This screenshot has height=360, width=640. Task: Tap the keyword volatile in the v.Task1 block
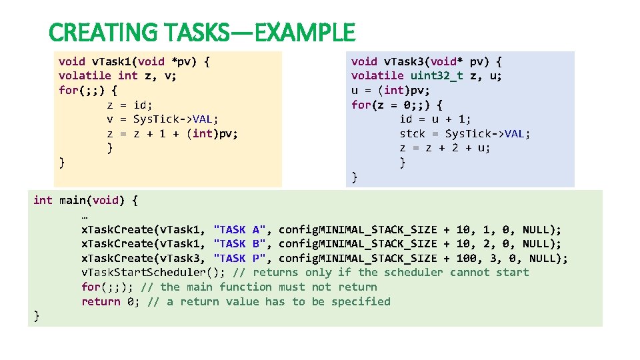tap(85, 76)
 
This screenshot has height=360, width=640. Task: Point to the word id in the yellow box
tap(143, 105)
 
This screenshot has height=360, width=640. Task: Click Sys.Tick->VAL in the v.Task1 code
tap(175, 119)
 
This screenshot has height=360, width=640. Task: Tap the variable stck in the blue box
tap(413, 134)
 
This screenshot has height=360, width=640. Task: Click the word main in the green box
tap(72, 200)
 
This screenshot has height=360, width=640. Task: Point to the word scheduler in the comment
tap(413, 273)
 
